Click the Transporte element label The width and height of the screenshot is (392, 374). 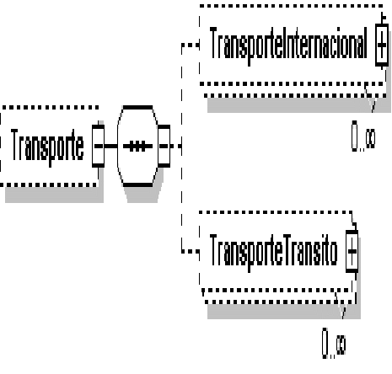(47, 147)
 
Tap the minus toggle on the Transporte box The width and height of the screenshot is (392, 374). (98, 146)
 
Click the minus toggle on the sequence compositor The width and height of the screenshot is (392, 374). (164, 146)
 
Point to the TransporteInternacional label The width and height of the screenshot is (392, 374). (288, 45)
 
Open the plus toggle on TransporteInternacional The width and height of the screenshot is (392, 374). (382, 45)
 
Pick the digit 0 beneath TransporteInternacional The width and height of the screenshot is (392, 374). (355, 136)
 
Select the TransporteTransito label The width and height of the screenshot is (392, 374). (273, 252)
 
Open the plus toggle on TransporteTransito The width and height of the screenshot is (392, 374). (352, 251)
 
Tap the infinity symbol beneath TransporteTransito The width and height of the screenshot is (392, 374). (341, 345)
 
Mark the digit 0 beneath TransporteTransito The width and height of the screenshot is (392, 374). (325, 343)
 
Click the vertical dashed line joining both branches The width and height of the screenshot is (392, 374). (182, 147)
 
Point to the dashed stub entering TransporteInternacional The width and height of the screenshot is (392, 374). (191, 45)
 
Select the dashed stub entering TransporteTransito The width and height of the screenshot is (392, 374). (191, 251)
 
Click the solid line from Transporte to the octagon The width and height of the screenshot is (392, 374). (110, 146)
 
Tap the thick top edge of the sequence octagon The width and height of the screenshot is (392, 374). (137, 108)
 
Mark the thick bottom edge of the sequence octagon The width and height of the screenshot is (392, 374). (137, 184)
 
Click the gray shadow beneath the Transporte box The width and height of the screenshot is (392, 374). (54, 195)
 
